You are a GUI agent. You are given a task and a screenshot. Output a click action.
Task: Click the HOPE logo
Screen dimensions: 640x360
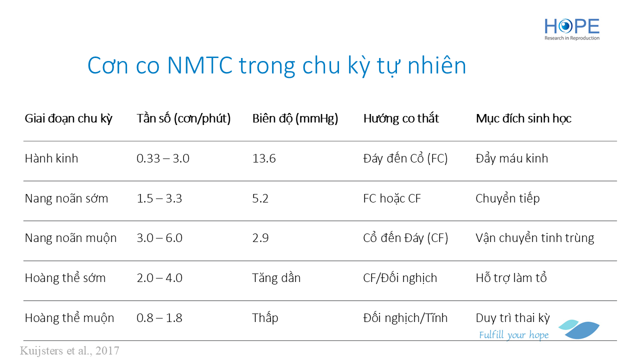pos(571,29)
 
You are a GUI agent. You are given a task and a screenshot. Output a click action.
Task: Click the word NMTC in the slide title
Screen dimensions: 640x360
pos(199,65)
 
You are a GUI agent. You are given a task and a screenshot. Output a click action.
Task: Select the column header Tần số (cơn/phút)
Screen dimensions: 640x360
pos(183,118)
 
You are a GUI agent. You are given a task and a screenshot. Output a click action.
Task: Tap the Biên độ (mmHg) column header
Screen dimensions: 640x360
pos(295,118)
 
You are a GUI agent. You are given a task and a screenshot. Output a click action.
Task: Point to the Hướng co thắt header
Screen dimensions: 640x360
pos(401,118)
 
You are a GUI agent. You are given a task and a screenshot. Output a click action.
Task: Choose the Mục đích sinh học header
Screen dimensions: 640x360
pos(523,118)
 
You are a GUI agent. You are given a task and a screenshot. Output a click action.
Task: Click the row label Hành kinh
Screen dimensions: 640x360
pos(51,158)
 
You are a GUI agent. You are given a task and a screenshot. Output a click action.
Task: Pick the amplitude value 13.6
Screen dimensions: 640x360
pos(263,158)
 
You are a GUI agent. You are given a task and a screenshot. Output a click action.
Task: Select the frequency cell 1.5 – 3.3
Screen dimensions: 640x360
pos(159,198)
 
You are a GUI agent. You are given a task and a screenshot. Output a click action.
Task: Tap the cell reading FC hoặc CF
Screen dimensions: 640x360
pos(391,198)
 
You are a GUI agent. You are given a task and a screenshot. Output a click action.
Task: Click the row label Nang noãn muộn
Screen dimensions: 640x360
pos(70,238)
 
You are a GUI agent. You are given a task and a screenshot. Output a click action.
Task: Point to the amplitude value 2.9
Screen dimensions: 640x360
pos(260,238)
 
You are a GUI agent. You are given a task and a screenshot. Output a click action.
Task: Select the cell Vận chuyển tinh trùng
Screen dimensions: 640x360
pos(535,238)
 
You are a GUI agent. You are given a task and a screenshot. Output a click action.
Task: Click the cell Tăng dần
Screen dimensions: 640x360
pos(276,277)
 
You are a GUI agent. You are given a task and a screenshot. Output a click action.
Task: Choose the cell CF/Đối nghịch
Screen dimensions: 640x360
pos(400,277)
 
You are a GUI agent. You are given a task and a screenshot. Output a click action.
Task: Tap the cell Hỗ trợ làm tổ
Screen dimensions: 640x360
pos(511,277)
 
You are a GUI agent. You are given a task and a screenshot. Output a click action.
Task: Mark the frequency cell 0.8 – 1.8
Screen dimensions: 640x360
pos(159,317)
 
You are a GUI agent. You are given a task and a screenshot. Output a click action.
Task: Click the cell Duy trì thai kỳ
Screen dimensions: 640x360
pos(512,318)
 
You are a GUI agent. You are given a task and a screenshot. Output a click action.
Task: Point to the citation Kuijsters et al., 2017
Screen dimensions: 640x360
pos(69,350)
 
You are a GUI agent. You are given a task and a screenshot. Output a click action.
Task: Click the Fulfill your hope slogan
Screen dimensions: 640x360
pos(513,335)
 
